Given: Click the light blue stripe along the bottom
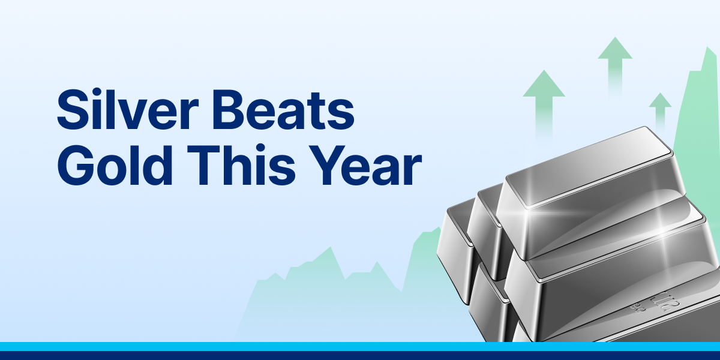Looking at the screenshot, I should (360, 346).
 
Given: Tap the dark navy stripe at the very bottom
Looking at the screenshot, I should (360, 355).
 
